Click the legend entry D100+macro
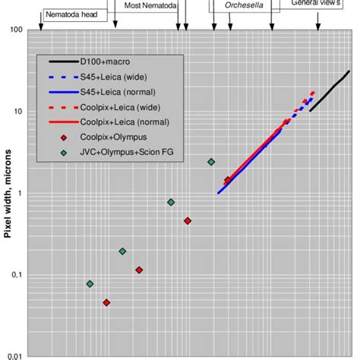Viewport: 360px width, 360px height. [x=107, y=62]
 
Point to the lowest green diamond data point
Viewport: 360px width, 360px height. [x=90, y=283]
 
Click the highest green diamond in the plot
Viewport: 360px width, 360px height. [x=211, y=162]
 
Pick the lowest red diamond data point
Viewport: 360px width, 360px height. [x=106, y=302]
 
